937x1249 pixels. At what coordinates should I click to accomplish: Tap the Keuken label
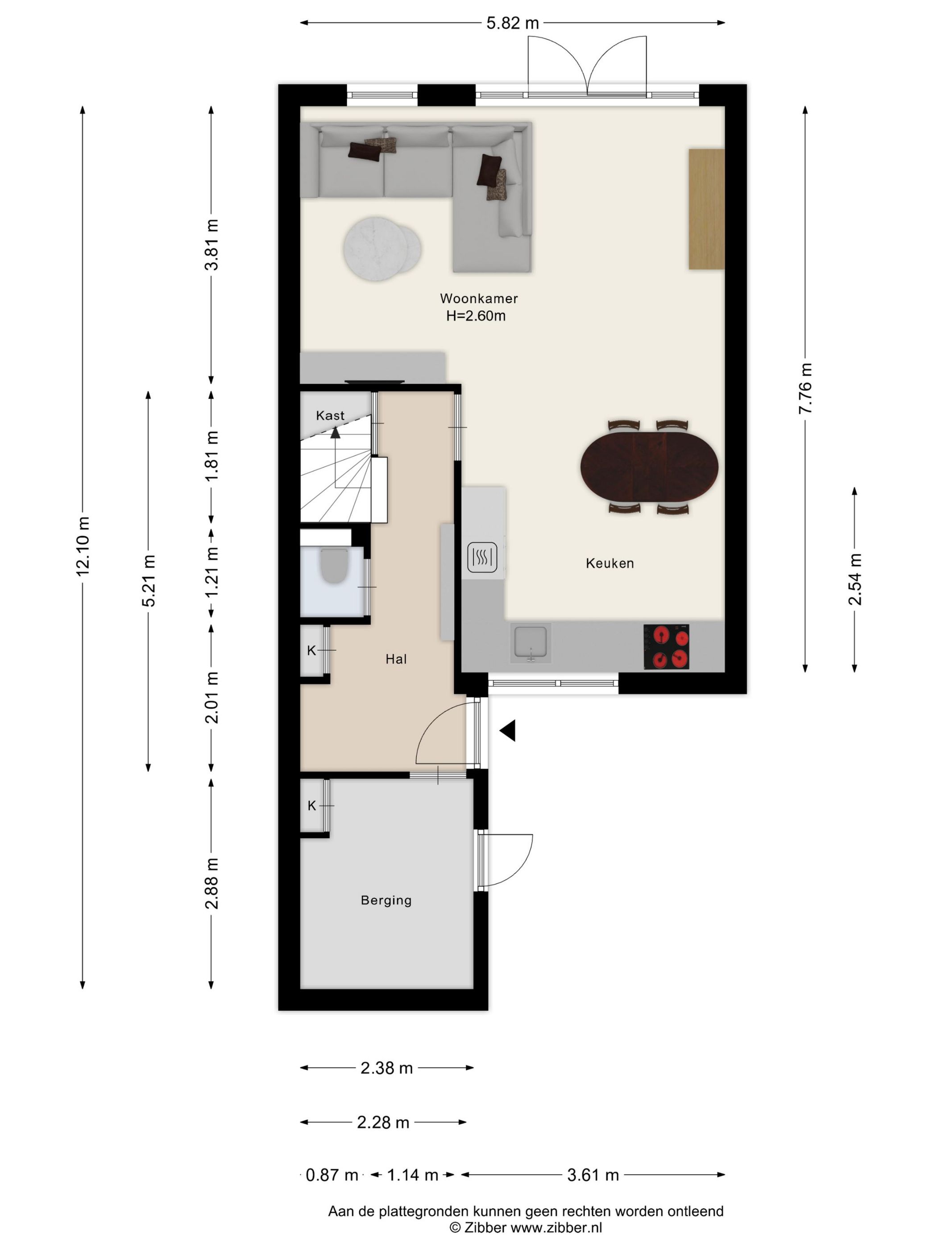pyautogui.click(x=609, y=563)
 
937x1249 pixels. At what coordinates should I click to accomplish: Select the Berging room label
pyautogui.click(x=386, y=900)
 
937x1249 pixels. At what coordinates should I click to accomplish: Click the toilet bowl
pyautogui.click(x=334, y=566)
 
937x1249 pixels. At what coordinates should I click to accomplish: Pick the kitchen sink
pyautogui.click(x=531, y=643)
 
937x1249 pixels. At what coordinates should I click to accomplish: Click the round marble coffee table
pyautogui.click(x=382, y=248)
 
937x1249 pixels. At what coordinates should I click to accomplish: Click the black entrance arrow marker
pyautogui.click(x=507, y=731)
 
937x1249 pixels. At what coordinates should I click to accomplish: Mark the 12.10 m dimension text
pyautogui.click(x=83, y=546)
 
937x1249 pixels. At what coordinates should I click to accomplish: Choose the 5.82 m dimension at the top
pyautogui.click(x=512, y=23)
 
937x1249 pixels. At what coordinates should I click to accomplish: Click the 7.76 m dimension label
pyautogui.click(x=805, y=389)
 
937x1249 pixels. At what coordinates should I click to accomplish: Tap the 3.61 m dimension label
pyautogui.click(x=593, y=1175)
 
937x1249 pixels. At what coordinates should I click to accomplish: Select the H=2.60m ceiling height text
pyautogui.click(x=476, y=316)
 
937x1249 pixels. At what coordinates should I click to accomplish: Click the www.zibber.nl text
pyautogui.click(x=556, y=1227)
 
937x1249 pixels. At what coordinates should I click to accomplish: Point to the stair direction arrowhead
pyautogui.click(x=336, y=433)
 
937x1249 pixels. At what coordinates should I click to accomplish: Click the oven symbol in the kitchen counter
pyautogui.click(x=482, y=557)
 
